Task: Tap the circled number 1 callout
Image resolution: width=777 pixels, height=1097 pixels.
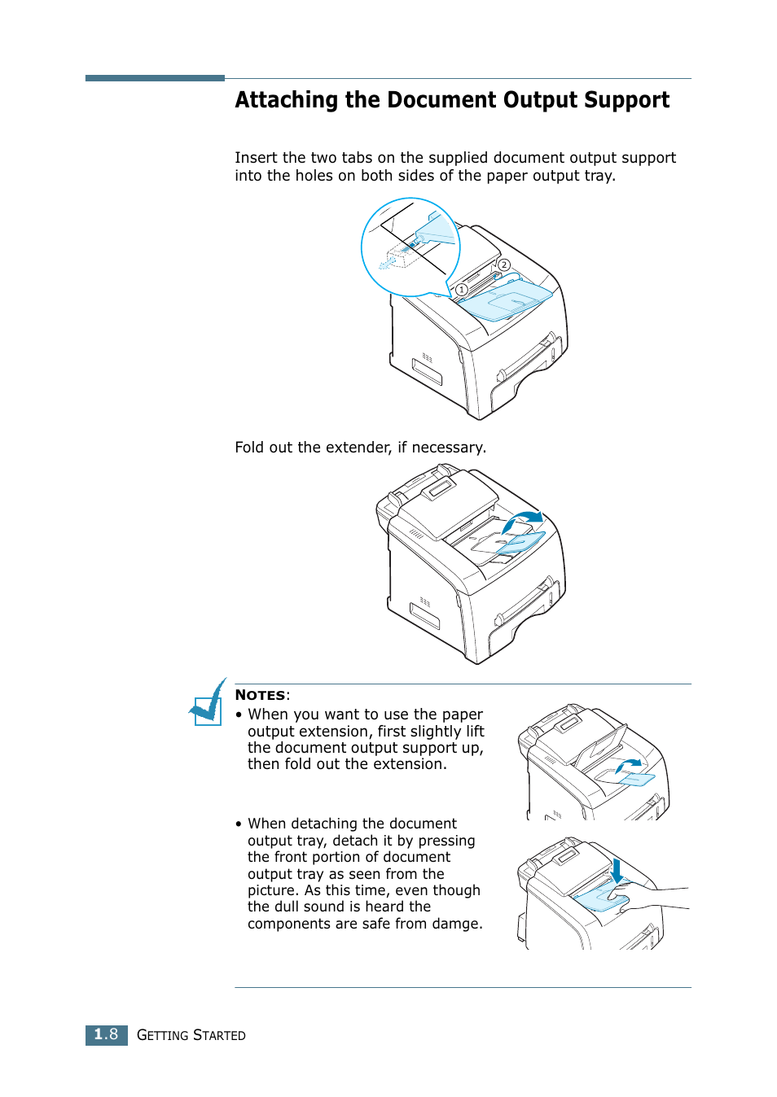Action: [x=461, y=290]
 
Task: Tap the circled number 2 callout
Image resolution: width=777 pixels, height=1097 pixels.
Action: [x=504, y=265]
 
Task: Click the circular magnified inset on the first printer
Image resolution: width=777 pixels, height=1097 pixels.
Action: [x=410, y=247]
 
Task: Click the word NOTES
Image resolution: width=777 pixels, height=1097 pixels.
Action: [x=260, y=695]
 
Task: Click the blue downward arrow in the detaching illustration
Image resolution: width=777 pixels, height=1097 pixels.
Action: [x=617, y=871]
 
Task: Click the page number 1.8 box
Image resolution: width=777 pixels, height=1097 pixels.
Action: [x=106, y=1034]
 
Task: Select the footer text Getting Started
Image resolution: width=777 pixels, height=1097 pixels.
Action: [x=191, y=1035]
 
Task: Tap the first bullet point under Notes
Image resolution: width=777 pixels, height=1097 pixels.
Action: [x=239, y=715]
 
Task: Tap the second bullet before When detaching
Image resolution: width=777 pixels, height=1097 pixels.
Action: [x=239, y=824]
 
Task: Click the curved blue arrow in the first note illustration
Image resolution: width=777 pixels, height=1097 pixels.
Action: [x=629, y=765]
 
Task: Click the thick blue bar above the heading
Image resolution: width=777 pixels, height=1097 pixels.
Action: [x=155, y=78]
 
